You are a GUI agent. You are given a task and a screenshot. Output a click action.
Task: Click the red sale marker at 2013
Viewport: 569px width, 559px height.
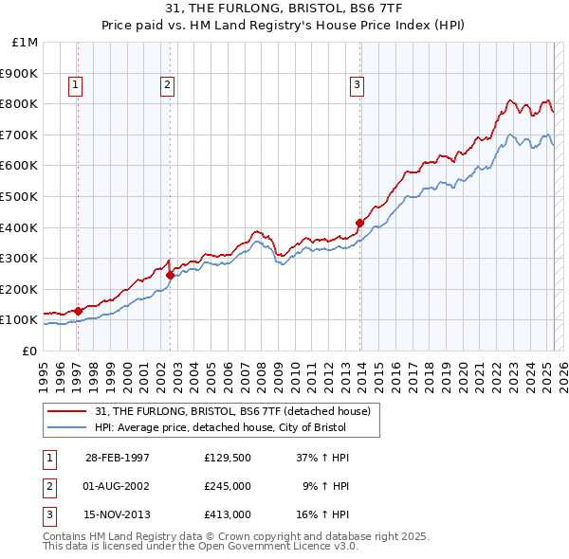pyautogui.click(x=360, y=223)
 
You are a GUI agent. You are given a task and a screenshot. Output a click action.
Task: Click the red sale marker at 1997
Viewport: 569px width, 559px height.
pyautogui.click(x=79, y=310)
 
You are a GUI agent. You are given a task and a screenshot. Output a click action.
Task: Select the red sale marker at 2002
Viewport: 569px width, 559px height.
pyautogui.click(x=170, y=275)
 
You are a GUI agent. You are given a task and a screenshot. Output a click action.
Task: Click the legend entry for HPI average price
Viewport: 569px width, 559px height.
pyautogui.click(x=220, y=427)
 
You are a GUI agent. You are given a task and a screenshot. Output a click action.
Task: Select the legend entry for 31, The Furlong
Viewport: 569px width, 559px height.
pyautogui.click(x=237, y=411)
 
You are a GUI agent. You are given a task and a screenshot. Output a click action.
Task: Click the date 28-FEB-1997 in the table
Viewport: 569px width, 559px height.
pyautogui.click(x=118, y=458)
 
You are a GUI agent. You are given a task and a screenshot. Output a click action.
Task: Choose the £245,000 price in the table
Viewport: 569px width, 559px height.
pyautogui.click(x=227, y=487)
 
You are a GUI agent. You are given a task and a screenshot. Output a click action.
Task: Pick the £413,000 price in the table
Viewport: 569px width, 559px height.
pyautogui.click(x=227, y=516)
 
